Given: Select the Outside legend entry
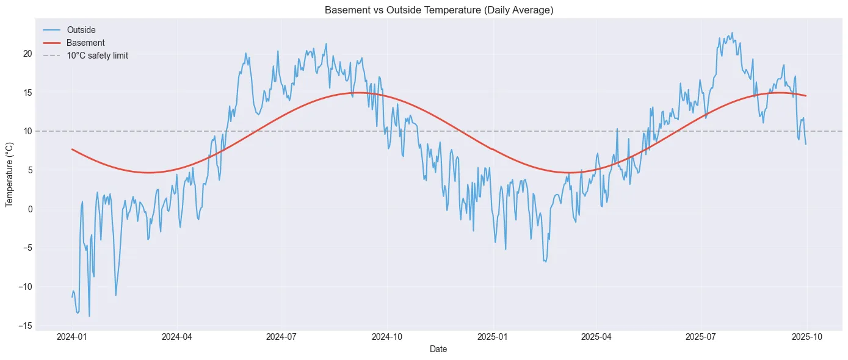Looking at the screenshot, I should (x=81, y=30).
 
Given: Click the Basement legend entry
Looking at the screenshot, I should (x=85, y=43).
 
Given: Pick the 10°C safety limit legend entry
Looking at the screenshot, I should (x=97, y=56).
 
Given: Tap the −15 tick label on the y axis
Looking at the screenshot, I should (x=26, y=326).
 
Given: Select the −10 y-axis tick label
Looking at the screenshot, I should (x=26, y=287).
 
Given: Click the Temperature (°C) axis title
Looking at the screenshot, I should (x=10, y=174).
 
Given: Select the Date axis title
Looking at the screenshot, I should (x=439, y=349).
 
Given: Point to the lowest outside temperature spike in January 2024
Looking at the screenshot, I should (x=89, y=316).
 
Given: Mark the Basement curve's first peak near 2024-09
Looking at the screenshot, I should (x=355, y=93).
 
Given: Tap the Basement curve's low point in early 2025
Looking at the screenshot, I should (x=568, y=173).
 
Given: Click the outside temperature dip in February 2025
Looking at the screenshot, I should (x=545, y=262).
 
